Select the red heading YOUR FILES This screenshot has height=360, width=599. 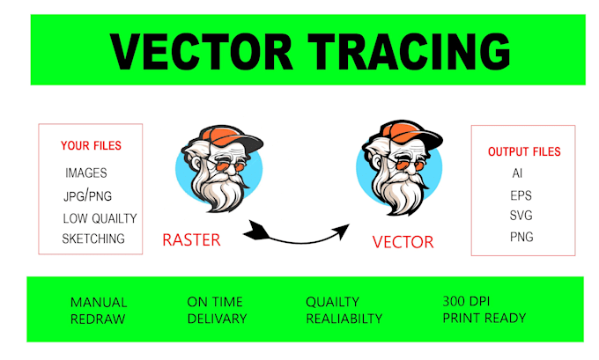pyautogui.click(x=91, y=145)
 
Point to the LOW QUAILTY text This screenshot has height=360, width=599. pyautogui.click(x=100, y=217)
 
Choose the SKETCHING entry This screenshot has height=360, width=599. pyautogui.click(x=93, y=239)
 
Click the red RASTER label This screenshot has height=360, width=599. pyautogui.click(x=192, y=239)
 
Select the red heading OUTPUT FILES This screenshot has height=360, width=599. pyautogui.click(x=524, y=151)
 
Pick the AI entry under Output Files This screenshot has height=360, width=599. pyautogui.click(x=517, y=173)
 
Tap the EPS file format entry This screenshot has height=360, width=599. pyautogui.click(x=521, y=195)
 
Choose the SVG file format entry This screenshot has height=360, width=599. pyautogui.click(x=521, y=216)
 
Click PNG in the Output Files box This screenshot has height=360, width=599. pyautogui.click(x=521, y=237)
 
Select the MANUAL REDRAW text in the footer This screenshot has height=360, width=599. pyautogui.click(x=99, y=310)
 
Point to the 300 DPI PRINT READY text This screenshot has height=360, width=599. pyautogui.click(x=484, y=310)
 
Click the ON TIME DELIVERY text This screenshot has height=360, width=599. pyautogui.click(x=217, y=310)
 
